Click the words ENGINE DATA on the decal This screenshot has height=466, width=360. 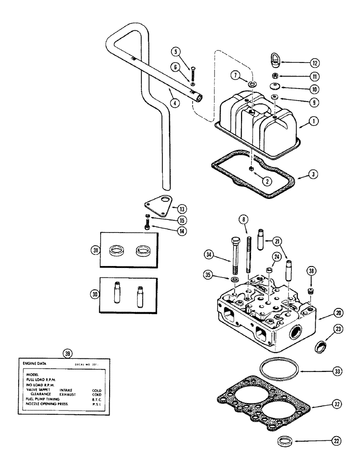(35, 363)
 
